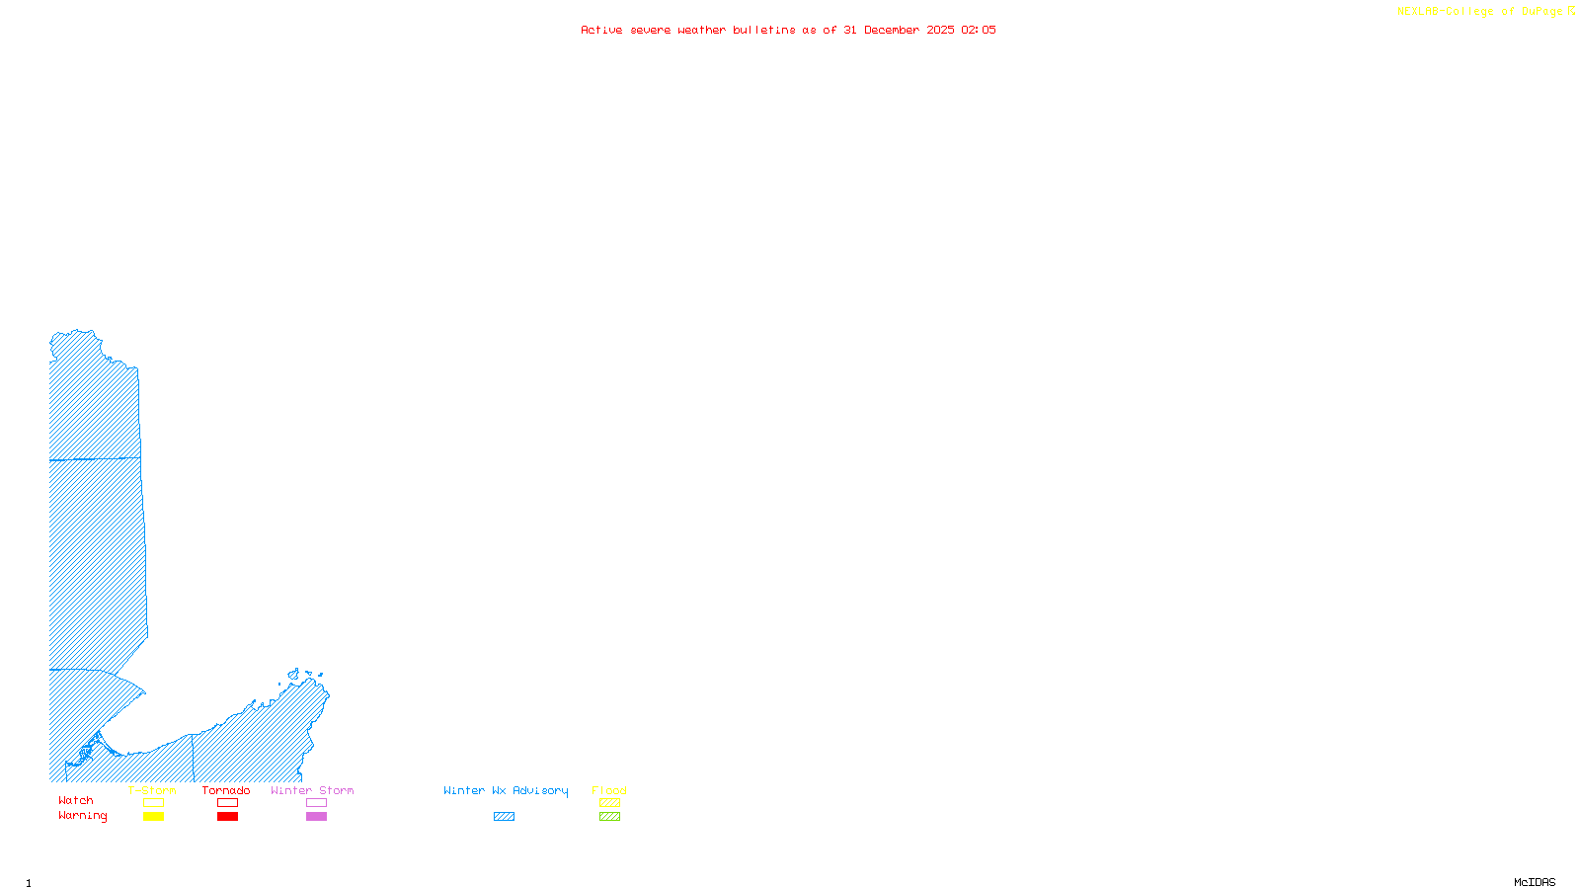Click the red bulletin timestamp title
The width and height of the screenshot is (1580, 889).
[788, 30]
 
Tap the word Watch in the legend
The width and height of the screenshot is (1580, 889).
[76, 800]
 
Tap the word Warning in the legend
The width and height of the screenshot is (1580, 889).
[83, 816]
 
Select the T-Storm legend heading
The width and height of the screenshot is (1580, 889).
[152, 790]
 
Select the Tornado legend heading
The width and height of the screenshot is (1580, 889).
[226, 790]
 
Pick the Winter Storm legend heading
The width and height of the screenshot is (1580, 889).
[312, 790]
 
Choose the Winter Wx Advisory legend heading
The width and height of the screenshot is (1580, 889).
[506, 790]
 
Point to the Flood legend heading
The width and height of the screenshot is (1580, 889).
[609, 790]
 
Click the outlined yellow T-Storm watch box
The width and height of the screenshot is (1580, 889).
[153, 803]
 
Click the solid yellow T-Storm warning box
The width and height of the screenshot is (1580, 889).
[153, 817]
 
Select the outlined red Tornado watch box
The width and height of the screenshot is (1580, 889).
[227, 803]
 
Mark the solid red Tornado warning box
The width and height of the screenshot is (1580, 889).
[227, 817]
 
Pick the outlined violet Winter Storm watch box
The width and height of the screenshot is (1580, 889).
[316, 803]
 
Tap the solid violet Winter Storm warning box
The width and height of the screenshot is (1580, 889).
[316, 817]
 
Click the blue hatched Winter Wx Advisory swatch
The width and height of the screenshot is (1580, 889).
[504, 817]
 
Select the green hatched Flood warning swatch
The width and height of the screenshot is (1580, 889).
[609, 817]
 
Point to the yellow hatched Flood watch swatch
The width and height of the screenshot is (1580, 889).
[609, 803]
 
